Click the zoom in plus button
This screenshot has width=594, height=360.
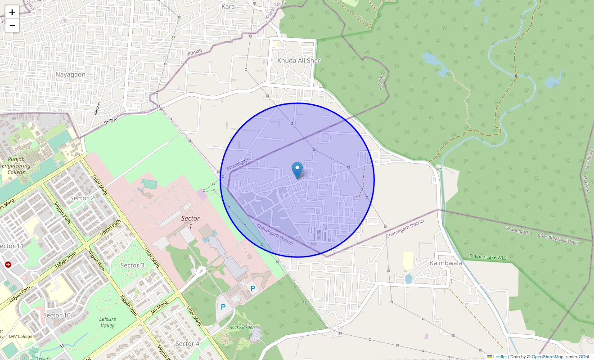point(12,12)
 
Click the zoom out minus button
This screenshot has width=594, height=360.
point(12,26)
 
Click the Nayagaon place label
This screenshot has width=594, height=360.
point(70,74)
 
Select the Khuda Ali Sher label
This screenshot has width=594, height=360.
point(299,60)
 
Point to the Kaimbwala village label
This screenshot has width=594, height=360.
point(445,263)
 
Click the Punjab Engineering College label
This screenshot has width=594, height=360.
point(16,166)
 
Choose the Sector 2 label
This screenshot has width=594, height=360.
point(82,198)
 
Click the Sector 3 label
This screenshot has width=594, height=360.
point(132,265)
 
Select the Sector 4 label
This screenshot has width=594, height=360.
point(187,344)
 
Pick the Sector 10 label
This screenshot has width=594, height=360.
point(57,315)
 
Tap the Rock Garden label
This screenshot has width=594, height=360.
point(242,328)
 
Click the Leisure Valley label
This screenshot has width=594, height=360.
point(107,322)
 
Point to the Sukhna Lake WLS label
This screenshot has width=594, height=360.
point(488,257)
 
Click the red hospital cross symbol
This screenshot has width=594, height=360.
point(8,265)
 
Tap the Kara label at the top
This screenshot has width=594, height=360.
point(229,7)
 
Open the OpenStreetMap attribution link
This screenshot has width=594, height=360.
point(547,357)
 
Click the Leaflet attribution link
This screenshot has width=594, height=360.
point(499,357)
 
